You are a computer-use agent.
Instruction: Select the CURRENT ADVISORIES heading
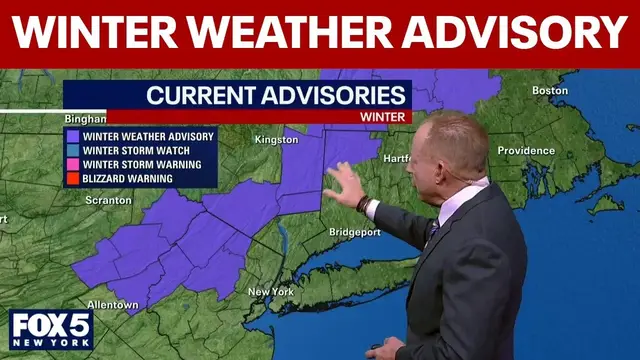coord(276,96)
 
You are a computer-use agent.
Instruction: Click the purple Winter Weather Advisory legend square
coord(73,135)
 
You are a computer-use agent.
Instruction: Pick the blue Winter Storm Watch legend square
coord(73,150)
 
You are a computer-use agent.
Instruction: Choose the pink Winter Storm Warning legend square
coord(73,164)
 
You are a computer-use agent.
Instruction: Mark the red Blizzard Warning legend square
coord(73,179)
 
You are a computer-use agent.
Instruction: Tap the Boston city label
coord(550,91)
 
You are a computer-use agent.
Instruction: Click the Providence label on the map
coord(526,151)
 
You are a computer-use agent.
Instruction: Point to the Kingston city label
coord(276,140)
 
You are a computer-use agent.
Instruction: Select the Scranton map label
coord(108,200)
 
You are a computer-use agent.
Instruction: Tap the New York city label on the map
coord(271,292)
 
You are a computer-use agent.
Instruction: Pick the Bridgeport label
coord(354,232)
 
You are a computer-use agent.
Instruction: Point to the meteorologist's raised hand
coord(343,183)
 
